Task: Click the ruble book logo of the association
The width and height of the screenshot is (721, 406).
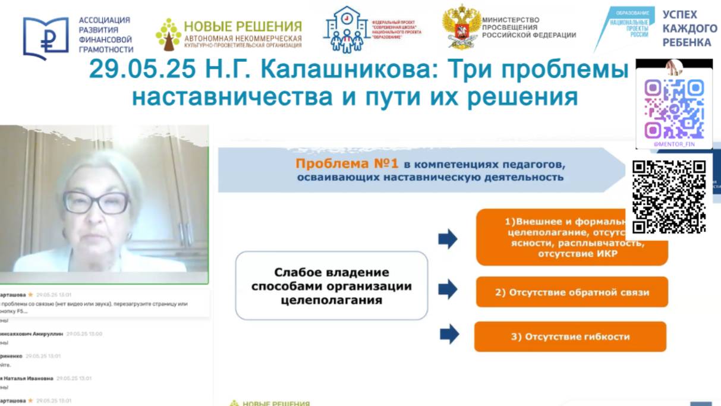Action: point(46,37)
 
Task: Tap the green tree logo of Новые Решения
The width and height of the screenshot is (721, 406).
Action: point(168,34)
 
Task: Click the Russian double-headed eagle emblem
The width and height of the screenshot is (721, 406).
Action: point(461,27)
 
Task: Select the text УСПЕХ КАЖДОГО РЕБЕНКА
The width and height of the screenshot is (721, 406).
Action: point(689,28)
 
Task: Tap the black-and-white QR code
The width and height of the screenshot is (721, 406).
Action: point(669,197)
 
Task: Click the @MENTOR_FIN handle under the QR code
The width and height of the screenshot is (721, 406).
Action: point(673,144)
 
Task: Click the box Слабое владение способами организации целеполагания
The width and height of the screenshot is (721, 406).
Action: point(331,286)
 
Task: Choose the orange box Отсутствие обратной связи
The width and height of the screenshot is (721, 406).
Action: point(571,292)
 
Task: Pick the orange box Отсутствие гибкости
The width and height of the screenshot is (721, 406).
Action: point(570,336)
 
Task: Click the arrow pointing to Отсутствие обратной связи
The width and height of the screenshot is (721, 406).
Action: point(448,289)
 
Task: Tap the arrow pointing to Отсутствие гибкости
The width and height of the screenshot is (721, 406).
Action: point(449,333)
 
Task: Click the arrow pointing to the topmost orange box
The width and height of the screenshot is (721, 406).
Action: point(448,238)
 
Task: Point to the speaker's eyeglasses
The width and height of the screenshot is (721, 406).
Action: point(96,203)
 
